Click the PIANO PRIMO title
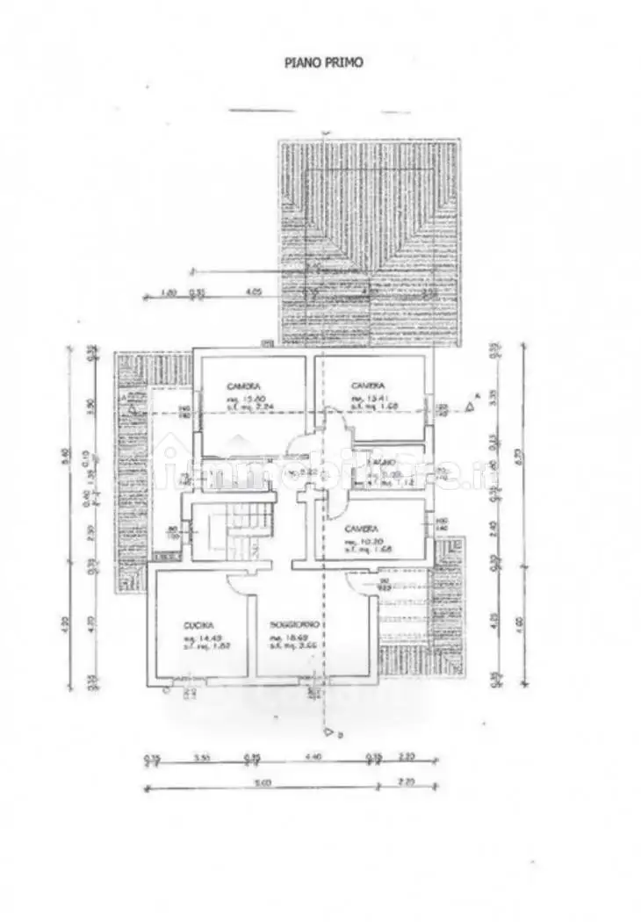322,62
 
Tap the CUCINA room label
194,624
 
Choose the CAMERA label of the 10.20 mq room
361,529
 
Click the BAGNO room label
380,462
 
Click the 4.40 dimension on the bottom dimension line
313,756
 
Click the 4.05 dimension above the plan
255,292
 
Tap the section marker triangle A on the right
471,407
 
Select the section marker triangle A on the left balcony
131,407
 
